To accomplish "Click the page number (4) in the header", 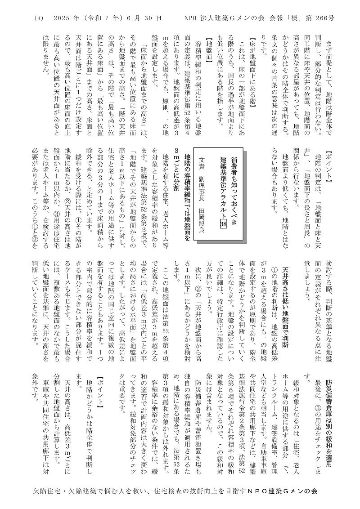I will click(x=38, y=18).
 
